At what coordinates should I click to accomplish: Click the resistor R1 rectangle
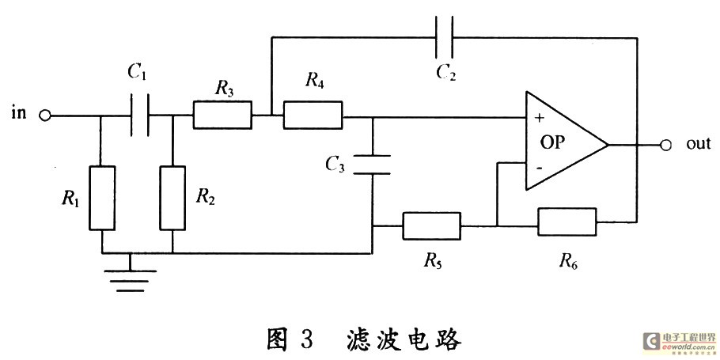point(103,198)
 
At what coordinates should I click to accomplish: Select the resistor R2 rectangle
point(172,198)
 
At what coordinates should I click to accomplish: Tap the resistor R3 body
point(222,116)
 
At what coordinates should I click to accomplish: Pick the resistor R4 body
point(313,116)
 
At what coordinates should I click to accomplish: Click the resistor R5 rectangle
point(431,225)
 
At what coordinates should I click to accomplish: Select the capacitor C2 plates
point(445,36)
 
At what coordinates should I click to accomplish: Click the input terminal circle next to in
point(45,116)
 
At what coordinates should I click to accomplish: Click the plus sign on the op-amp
point(540,118)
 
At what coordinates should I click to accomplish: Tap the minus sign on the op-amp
point(540,169)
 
